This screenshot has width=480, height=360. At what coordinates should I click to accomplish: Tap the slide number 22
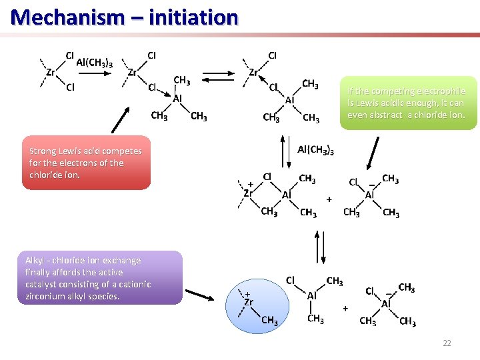[x=447, y=343]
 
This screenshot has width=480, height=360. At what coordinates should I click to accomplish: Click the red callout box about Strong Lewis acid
[x=87, y=163]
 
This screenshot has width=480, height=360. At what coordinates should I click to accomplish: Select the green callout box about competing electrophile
[x=407, y=103]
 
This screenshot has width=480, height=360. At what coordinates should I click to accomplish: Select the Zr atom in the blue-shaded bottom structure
[x=248, y=301]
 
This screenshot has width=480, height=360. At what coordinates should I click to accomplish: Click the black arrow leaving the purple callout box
[x=204, y=289]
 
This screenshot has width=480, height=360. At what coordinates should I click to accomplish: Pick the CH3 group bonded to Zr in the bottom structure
[x=269, y=321]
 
